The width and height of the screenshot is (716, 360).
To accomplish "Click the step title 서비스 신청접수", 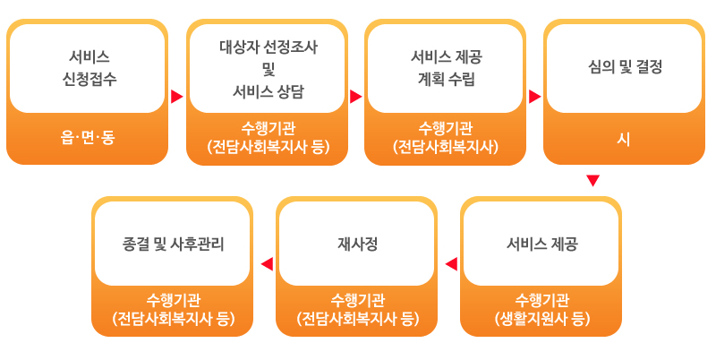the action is tap(89, 68).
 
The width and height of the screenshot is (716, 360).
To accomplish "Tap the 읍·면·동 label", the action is tap(88, 137).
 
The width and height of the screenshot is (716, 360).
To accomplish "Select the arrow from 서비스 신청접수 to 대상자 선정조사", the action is tap(176, 97).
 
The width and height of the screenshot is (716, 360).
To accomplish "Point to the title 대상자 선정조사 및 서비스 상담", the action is tap(268, 70).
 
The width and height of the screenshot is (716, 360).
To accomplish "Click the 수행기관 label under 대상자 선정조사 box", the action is tap(268, 128).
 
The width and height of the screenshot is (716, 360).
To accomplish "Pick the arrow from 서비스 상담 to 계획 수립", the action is tap(355, 97).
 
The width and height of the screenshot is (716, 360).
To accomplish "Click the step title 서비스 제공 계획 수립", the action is tap(447, 68).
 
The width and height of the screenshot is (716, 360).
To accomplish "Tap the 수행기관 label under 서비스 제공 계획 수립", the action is tap(446, 128).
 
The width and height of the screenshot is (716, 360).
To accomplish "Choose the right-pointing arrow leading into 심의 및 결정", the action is tap(534, 97).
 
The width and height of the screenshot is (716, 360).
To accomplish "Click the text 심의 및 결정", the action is tap(625, 68).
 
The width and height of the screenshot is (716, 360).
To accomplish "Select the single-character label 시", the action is tap(624, 139).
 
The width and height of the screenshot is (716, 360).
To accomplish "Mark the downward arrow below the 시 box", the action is tap(592, 181).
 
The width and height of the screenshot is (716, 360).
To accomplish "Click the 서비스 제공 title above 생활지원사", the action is tap(542, 244).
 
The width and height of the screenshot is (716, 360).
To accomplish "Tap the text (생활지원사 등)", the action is tap(542, 319).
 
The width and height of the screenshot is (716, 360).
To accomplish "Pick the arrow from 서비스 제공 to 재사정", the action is tap(451, 264).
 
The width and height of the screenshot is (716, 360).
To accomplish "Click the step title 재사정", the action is tap(357, 244).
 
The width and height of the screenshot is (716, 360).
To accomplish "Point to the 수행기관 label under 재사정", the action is tap(358, 300).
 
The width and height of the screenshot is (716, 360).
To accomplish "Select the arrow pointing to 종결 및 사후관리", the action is tap(267, 264).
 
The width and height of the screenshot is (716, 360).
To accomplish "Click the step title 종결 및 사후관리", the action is tap(174, 244).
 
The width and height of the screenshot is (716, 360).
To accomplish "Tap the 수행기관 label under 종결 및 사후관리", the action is tap(174, 300).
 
